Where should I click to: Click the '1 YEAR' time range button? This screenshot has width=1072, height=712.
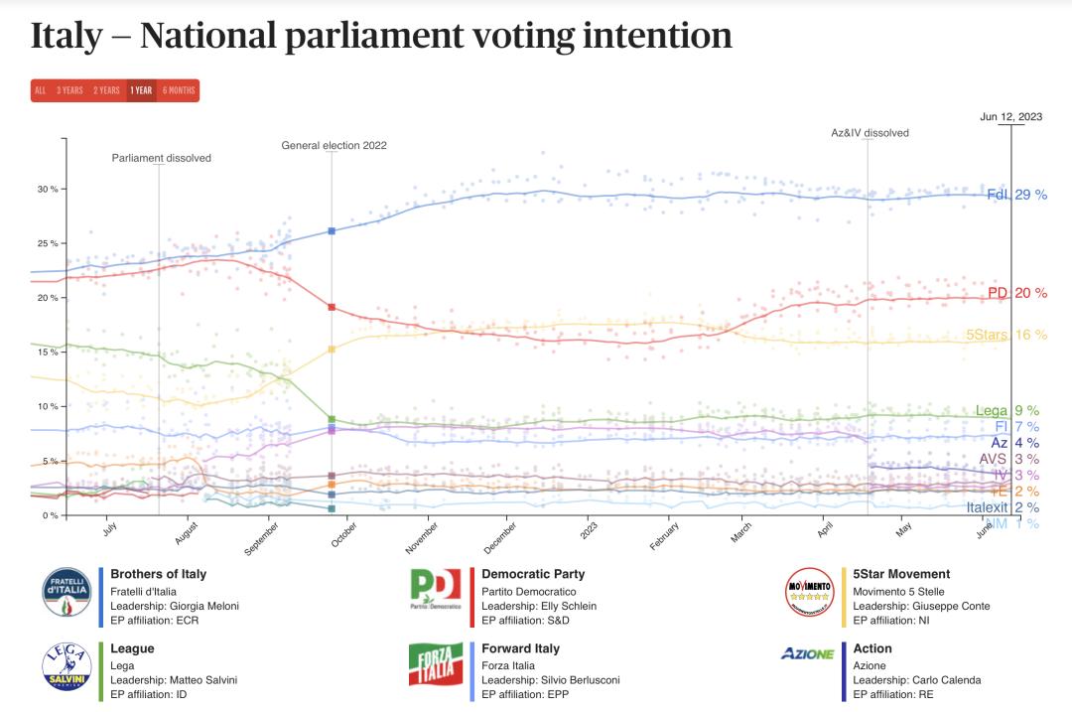(x=141, y=90)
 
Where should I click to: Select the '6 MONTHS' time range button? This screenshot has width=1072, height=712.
(x=179, y=90)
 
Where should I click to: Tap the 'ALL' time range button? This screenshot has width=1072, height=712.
(x=40, y=90)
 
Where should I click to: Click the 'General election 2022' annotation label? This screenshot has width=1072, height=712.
(x=334, y=145)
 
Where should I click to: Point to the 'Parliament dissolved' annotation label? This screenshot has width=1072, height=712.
(x=161, y=158)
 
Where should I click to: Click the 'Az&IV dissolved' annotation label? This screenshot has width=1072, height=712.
(x=870, y=132)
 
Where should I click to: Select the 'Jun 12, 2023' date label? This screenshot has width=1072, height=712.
(x=1010, y=116)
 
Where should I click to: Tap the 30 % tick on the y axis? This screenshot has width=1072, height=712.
(x=48, y=189)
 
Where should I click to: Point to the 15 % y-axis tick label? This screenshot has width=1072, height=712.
(x=48, y=353)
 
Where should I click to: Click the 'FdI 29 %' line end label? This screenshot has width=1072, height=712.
(x=1016, y=195)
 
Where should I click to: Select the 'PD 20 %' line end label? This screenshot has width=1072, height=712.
(x=1016, y=293)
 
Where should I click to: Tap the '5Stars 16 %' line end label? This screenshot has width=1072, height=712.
(x=1006, y=336)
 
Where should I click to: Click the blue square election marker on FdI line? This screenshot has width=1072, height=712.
(x=332, y=230)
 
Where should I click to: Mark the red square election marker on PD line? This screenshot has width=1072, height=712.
(x=332, y=307)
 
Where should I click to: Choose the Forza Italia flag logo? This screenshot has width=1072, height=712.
(x=435, y=664)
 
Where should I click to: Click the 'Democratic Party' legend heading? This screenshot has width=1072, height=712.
(x=533, y=574)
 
